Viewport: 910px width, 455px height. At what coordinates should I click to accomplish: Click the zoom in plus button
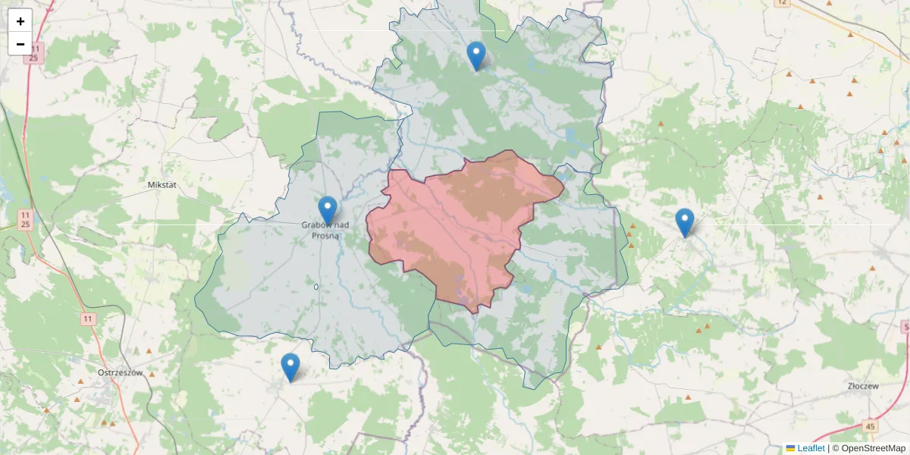point(20,21)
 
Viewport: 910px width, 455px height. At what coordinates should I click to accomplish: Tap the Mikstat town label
point(163,184)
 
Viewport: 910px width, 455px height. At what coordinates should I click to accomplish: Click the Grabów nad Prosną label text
point(325,230)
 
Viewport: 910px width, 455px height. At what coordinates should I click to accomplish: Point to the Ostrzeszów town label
point(121,372)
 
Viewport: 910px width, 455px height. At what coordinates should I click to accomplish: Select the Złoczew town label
point(862,386)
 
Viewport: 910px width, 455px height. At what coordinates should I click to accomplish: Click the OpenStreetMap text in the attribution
point(874,448)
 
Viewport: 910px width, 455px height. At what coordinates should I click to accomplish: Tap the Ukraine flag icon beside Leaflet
point(790,448)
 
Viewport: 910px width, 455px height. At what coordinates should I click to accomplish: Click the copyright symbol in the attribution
point(836,448)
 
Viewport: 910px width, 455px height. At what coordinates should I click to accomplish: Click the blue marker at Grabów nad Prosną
point(327,210)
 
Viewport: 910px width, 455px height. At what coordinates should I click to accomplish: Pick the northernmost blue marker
point(475,55)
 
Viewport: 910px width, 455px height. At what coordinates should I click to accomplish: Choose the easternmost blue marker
point(684,221)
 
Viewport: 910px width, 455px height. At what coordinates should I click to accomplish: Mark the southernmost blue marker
point(290,367)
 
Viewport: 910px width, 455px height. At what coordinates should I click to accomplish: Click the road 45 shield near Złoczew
point(870,427)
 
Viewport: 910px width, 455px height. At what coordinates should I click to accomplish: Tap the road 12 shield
point(782,3)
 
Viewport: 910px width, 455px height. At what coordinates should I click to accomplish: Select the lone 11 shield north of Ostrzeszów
point(88,318)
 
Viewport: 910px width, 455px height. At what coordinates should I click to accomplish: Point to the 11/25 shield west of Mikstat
point(25,220)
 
